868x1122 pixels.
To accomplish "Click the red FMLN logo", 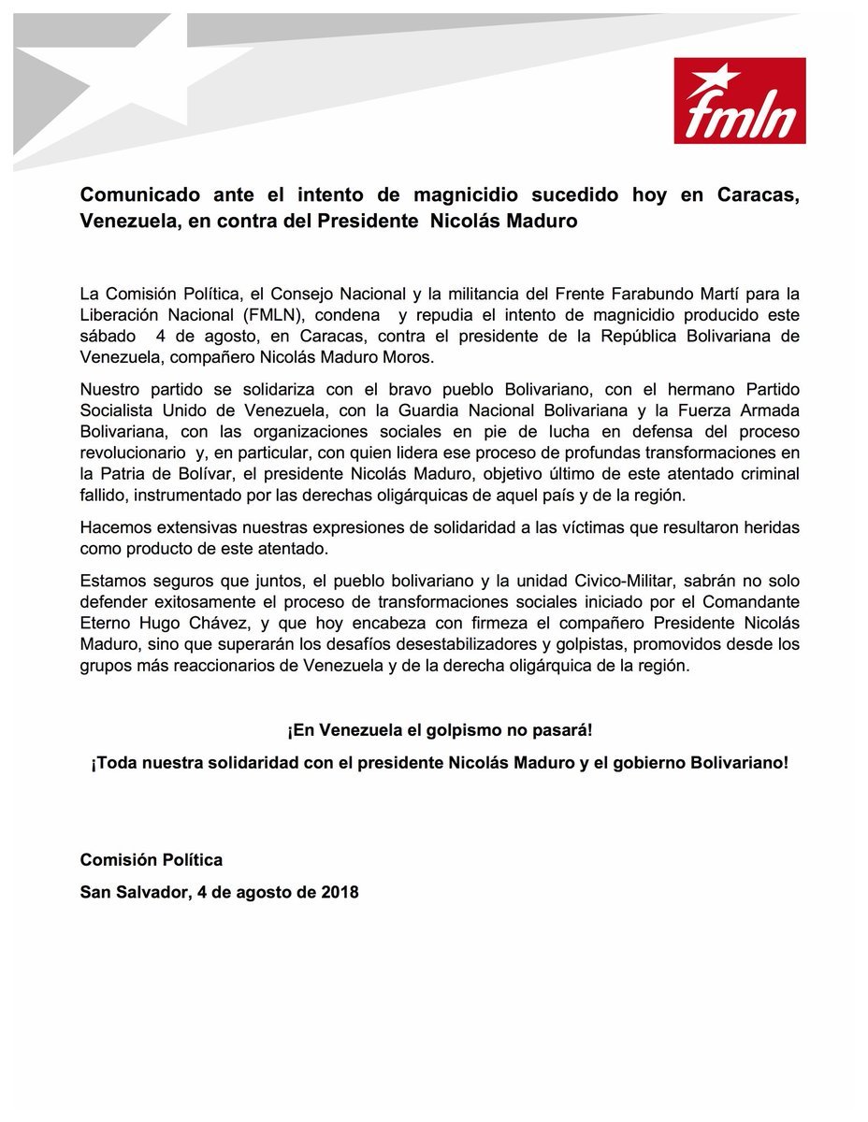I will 739,100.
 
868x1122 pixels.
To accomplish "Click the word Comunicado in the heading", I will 138,196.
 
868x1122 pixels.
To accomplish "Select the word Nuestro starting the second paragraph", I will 109,388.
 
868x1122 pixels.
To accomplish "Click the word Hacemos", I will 115,527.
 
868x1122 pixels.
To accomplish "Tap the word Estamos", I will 111,579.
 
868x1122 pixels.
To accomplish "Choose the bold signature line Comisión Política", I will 151,860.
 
